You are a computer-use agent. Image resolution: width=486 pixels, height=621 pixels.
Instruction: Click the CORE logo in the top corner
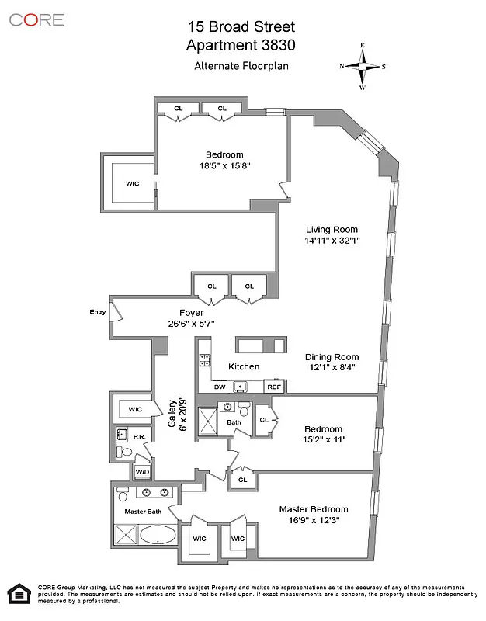coord(36,19)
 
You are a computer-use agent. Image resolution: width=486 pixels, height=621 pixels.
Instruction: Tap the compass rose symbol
coord(362,66)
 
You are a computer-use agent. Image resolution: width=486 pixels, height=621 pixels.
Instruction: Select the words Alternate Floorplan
coord(241,66)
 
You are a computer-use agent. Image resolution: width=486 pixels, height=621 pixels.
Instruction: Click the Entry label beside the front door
coord(97,312)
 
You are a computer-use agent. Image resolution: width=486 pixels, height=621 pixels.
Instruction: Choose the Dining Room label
coord(331,357)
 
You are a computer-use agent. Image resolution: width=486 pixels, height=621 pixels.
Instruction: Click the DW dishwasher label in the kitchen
coord(220,386)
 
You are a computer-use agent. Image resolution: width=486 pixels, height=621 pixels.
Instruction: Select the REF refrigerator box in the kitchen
coord(274,386)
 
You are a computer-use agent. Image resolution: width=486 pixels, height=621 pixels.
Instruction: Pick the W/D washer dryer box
coord(143,471)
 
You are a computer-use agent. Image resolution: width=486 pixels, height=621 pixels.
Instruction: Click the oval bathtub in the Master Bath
coord(158,535)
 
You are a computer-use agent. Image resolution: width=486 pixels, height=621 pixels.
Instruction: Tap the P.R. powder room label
coord(140,437)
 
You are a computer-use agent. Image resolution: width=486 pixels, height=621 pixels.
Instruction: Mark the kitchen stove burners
coord(204,359)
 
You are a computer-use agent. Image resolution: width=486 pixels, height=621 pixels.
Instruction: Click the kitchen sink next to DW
coord(241,386)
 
